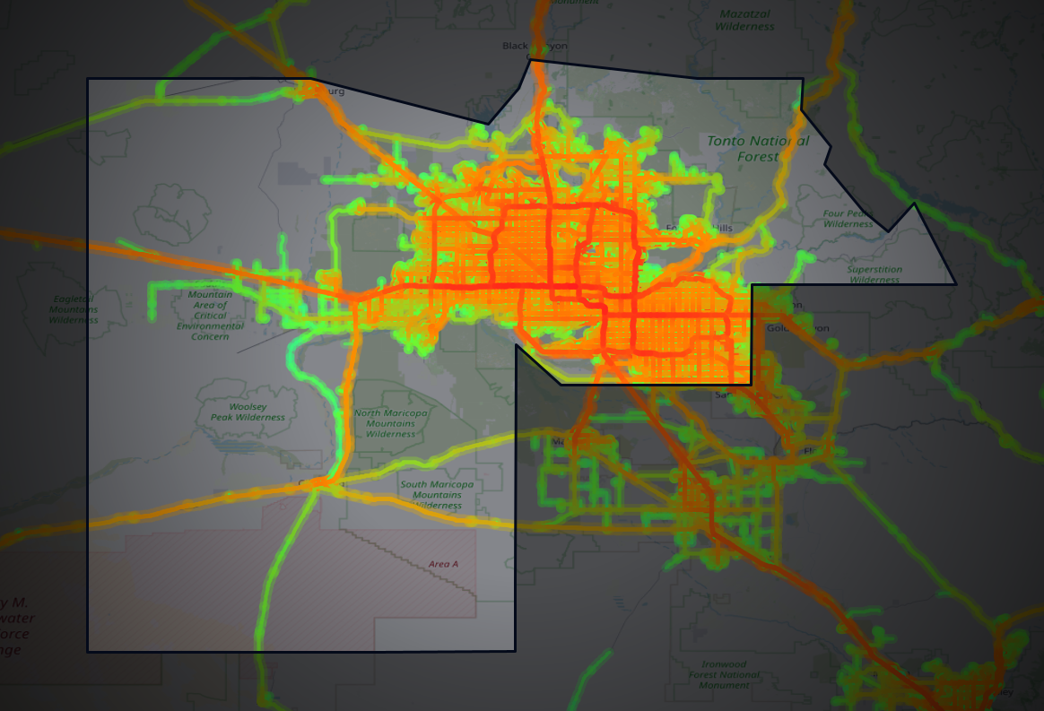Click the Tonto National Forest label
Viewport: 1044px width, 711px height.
(757, 148)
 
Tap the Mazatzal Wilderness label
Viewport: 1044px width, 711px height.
(744, 21)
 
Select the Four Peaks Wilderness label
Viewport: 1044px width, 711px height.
(848, 219)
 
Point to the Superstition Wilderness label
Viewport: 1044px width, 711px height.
(874, 274)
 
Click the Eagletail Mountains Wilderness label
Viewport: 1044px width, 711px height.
(74, 308)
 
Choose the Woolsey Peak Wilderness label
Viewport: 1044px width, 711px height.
(248, 412)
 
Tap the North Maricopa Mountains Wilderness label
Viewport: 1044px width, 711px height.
(390, 423)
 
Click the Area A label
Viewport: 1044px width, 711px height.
(443, 564)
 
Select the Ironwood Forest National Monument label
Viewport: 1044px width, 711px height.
(724, 674)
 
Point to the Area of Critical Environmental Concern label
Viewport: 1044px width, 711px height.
(210, 315)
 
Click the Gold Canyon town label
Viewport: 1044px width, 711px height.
(798, 327)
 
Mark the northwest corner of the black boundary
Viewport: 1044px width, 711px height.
(87, 79)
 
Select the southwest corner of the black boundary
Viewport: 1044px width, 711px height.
(87, 652)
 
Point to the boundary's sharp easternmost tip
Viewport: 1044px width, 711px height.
(956, 284)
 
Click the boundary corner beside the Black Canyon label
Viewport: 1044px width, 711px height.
(529, 59)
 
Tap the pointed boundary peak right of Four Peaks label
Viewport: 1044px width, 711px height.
(914, 203)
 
